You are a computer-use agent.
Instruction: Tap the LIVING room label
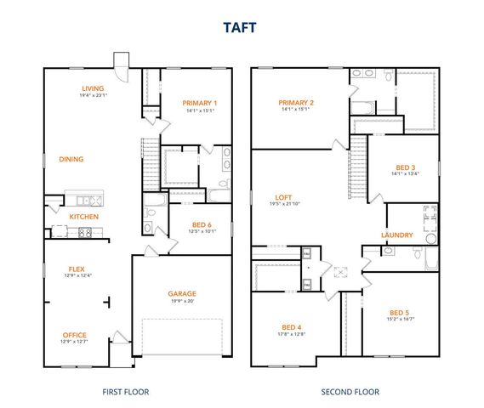tap(93, 88)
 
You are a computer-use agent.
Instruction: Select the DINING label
tap(71, 159)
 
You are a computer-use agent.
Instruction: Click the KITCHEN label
tap(84, 217)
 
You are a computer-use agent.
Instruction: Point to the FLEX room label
tap(77, 268)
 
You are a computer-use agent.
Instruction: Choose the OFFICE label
tap(75, 335)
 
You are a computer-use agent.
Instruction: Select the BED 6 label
tap(202, 224)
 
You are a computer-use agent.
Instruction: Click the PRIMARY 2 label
tap(297, 102)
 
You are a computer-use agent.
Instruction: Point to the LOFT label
tap(284, 197)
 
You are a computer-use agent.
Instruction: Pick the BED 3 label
tap(406, 167)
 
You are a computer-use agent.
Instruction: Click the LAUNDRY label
tap(397, 235)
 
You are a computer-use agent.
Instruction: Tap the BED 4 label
tap(292, 327)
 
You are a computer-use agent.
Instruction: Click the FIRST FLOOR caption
tap(125, 392)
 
